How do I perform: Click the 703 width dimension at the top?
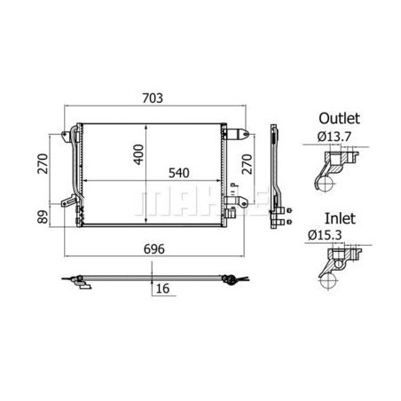pos(153,98)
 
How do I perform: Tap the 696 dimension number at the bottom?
pos(154,249)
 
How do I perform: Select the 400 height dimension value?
pos(138,154)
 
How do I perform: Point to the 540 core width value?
pos(179,173)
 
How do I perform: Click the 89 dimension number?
pos(43,216)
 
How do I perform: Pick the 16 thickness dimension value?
pos(162,288)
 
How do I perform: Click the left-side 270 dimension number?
pos(43,164)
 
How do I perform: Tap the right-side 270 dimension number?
pos(248,164)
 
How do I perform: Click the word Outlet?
pos(339,118)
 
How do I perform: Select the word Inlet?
pos(340,218)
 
